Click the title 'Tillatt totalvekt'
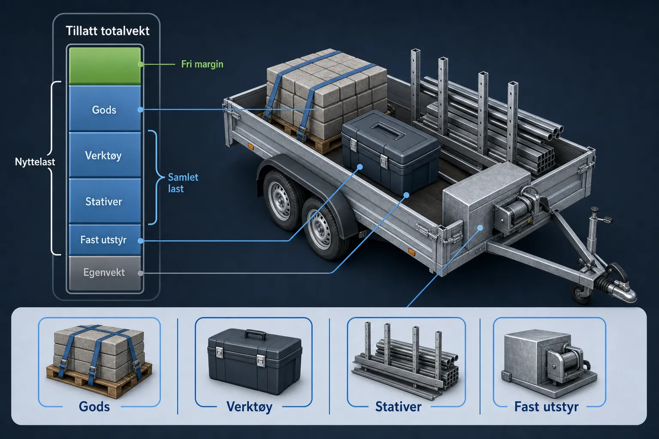tap(107, 31)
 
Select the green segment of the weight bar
tap(105, 66)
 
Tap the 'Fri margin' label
tap(202, 64)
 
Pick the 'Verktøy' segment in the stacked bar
tap(105, 154)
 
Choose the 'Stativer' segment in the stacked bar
tap(105, 201)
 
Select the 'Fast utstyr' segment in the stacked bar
tap(105, 240)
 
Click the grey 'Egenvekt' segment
tap(105, 273)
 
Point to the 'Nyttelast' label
tap(35, 162)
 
